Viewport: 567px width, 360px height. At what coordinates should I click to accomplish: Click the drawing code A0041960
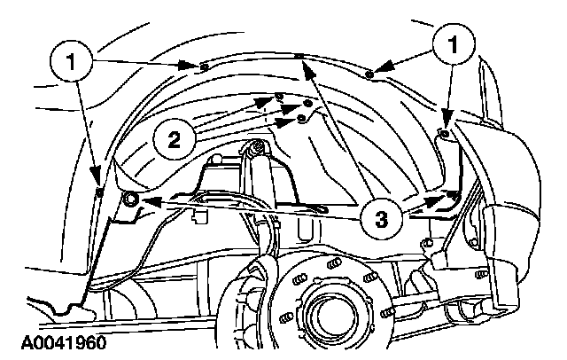[56, 342]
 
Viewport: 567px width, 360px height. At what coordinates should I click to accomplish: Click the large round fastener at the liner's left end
[131, 200]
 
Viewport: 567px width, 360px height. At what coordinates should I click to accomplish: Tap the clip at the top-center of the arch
[301, 56]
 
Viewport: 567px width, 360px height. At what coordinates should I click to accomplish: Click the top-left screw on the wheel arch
[204, 65]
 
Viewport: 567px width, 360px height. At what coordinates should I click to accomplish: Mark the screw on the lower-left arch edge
[99, 190]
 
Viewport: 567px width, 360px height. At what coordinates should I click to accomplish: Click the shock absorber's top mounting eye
[258, 145]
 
